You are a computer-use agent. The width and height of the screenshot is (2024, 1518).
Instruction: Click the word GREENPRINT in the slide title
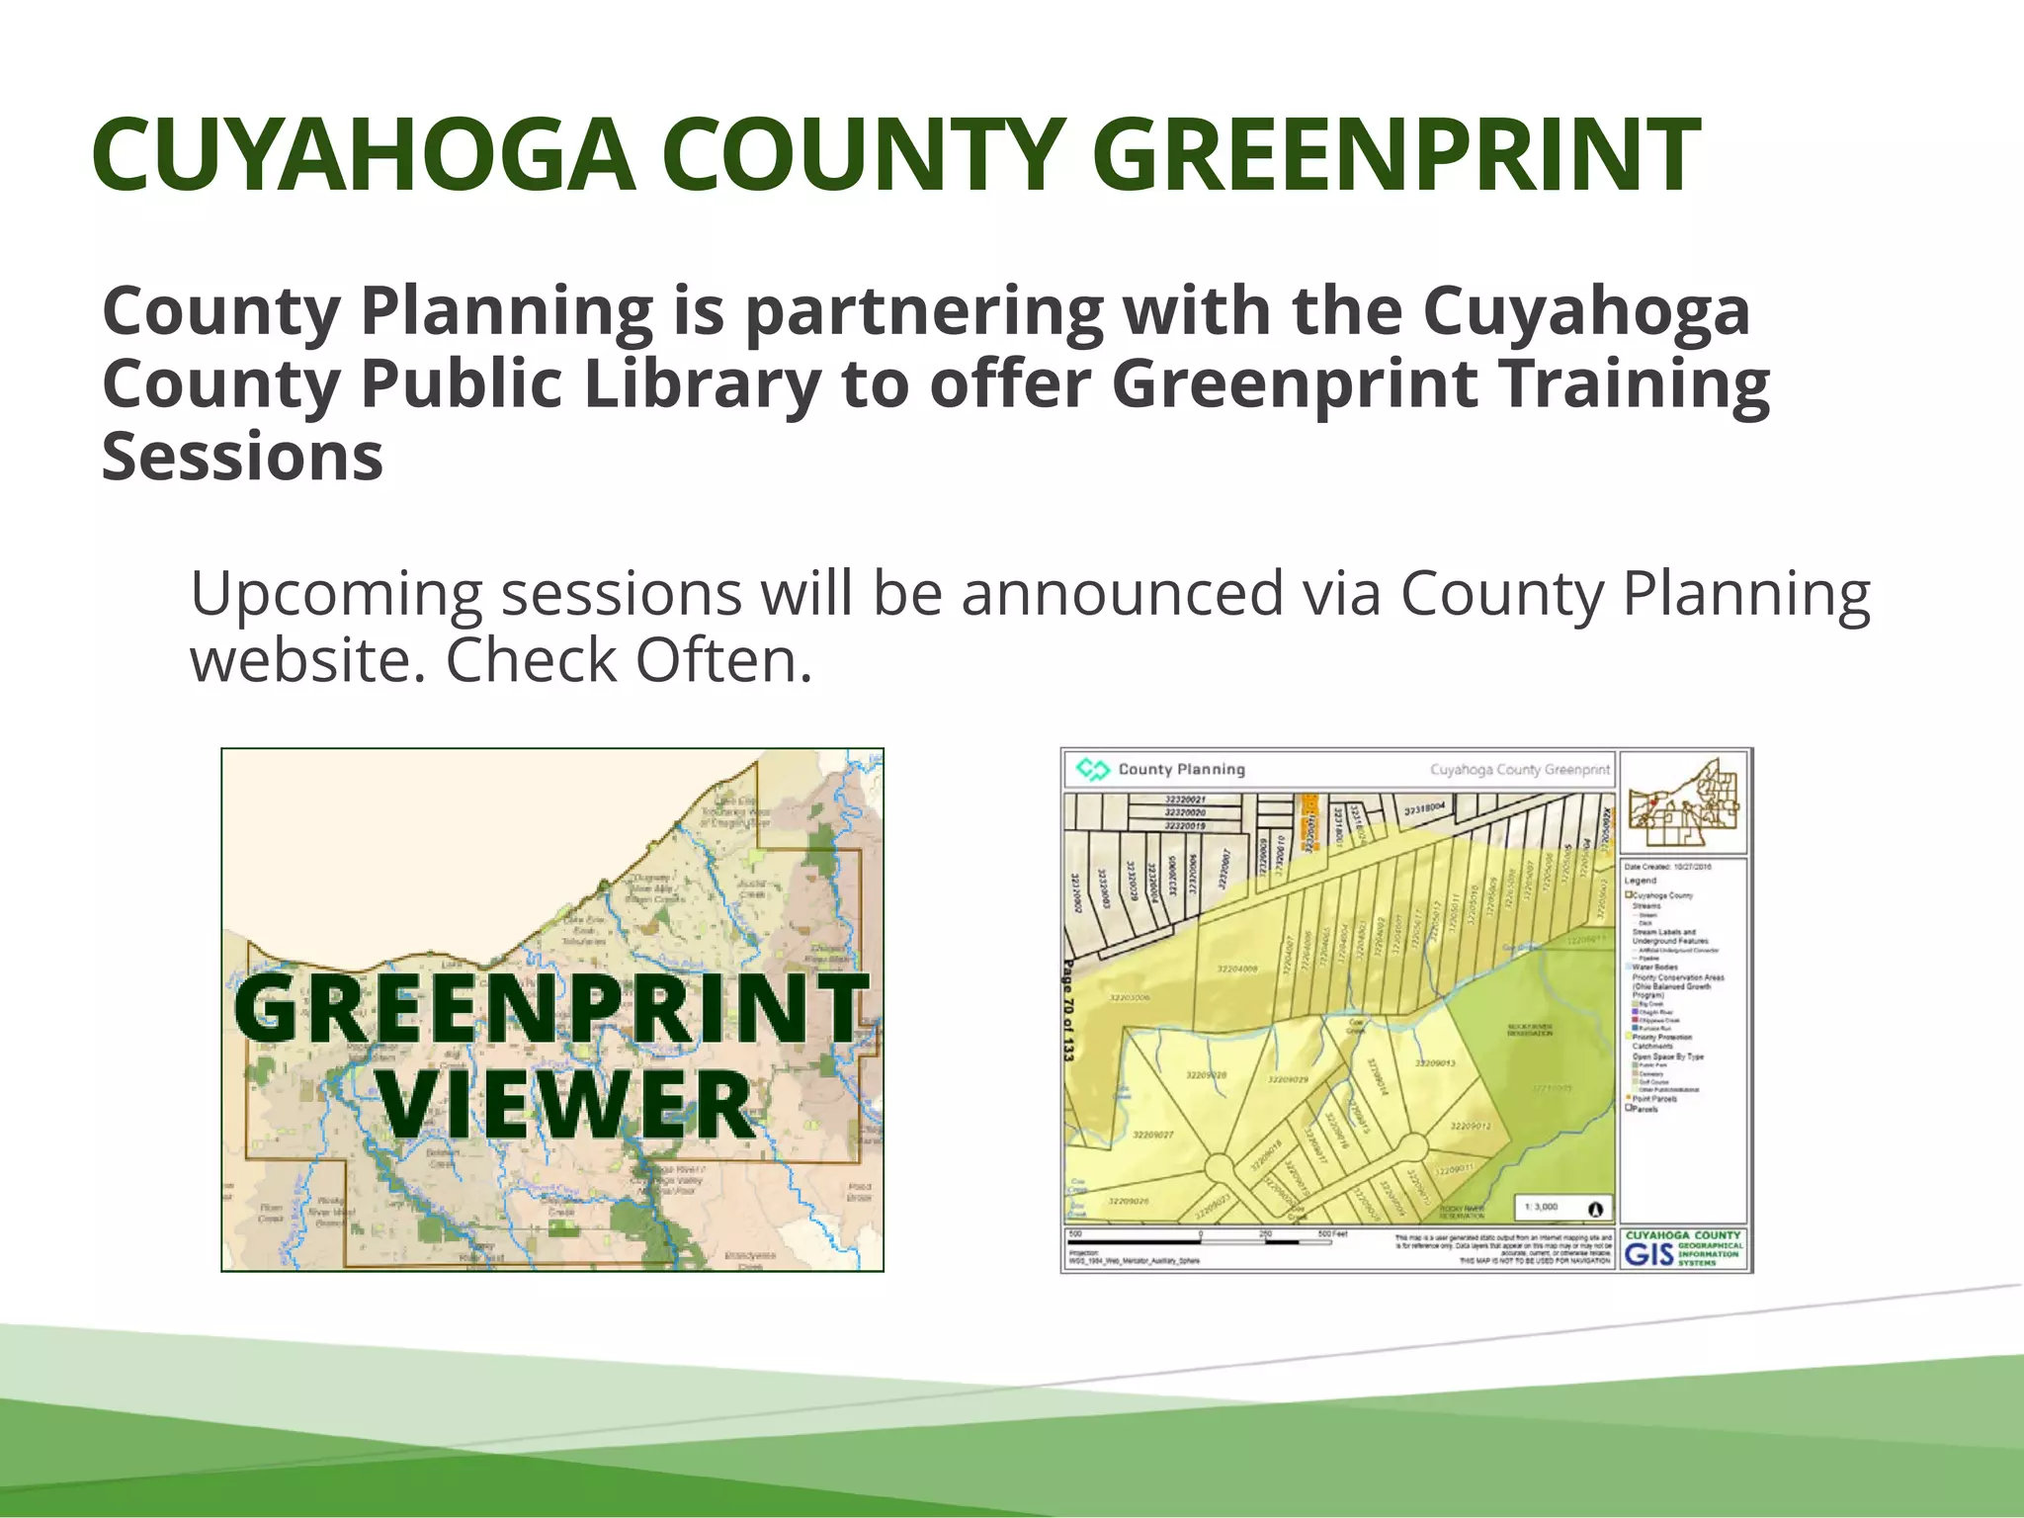[1395, 155]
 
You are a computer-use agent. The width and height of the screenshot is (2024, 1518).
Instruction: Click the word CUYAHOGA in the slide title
[363, 155]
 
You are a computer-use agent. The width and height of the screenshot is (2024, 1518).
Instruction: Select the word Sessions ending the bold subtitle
[242, 457]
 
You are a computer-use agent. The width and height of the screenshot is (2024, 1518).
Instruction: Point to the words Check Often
[629, 660]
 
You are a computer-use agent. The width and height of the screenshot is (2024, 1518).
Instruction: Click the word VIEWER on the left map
[565, 1105]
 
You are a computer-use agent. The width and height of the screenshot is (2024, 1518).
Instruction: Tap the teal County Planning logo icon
[1092, 769]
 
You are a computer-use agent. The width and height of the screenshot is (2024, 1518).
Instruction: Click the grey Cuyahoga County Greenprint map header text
[1519, 769]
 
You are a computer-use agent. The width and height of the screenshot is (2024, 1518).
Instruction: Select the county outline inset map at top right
[1684, 802]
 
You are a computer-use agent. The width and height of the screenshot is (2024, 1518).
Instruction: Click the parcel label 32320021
[1185, 800]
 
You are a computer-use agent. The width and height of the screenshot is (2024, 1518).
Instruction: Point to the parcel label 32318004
[1425, 809]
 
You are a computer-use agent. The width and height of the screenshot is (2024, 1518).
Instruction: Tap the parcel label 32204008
[1237, 970]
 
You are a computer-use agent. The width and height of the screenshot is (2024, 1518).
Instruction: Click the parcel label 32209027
[1152, 1135]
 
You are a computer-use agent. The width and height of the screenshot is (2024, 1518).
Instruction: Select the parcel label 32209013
[1435, 1063]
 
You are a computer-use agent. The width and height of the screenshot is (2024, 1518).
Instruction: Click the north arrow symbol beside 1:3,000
[1594, 1208]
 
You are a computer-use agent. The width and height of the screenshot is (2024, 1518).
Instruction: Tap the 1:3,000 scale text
[1542, 1207]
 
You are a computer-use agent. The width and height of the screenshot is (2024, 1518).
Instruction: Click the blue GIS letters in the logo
[1648, 1254]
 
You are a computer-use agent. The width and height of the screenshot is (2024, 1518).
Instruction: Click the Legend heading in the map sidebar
[1641, 880]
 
